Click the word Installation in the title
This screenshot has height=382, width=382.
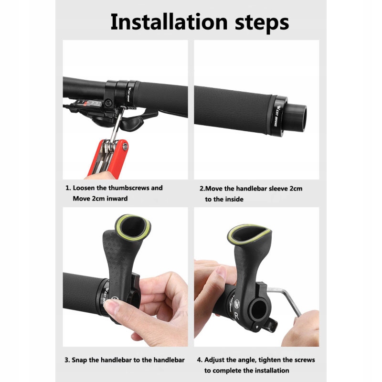point(169,22)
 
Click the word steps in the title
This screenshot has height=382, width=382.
point(262,23)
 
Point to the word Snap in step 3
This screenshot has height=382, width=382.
point(79,361)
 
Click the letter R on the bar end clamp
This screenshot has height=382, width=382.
point(236,316)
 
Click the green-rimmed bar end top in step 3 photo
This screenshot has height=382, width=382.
point(133,228)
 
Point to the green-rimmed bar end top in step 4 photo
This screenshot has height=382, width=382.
point(249,235)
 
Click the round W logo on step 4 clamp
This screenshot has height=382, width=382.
point(237,304)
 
